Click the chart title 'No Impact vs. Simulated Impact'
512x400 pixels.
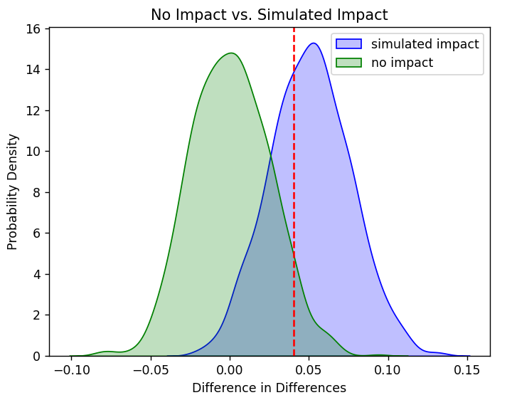click(x=270, y=15)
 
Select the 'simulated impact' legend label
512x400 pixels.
click(x=425, y=44)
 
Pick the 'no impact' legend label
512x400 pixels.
click(x=402, y=63)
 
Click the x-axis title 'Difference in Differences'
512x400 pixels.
click(x=270, y=388)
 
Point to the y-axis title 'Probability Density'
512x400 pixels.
click(x=13, y=192)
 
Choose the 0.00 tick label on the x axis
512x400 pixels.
click(x=230, y=370)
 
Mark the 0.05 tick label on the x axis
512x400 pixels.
click(x=309, y=370)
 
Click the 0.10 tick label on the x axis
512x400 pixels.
click(x=388, y=370)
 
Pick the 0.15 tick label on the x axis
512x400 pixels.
click(x=468, y=370)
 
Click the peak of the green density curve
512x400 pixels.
click(x=230, y=53)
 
